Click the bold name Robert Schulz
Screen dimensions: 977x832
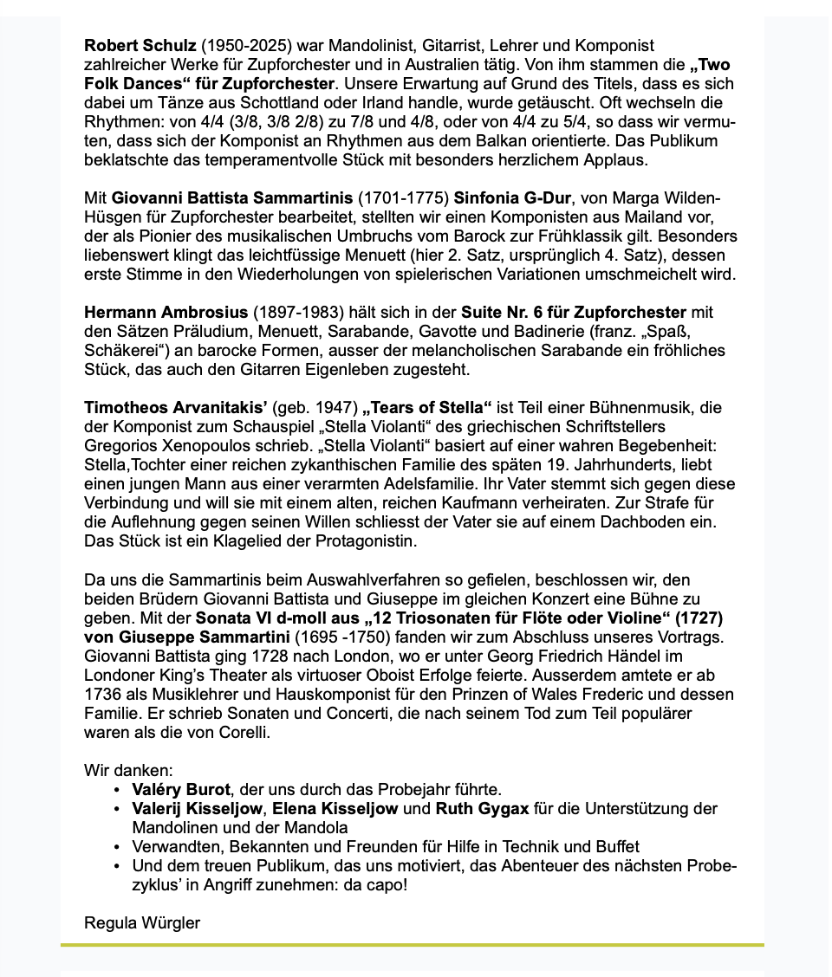pos(140,45)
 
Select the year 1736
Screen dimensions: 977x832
pos(102,695)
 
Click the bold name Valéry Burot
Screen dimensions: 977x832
pos(181,790)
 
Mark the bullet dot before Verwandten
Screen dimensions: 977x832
pos(116,847)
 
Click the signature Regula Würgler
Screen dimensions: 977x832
pos(142,922)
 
